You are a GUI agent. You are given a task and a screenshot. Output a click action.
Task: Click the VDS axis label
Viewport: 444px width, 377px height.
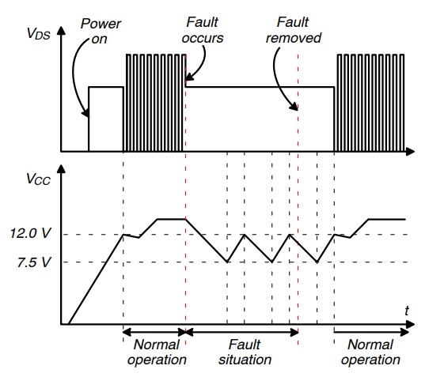[x=39, y=33]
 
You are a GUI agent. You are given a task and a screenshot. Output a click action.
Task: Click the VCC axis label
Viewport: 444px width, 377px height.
[x=38, y=179]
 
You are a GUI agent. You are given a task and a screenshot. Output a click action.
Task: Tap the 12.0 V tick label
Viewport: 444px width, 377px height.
[x=30, y=233]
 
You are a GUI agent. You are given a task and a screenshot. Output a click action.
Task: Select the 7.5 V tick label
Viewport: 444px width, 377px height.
[x=34, y=262]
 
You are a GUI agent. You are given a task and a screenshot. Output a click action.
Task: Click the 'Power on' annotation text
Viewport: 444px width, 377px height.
[x=101, y=31]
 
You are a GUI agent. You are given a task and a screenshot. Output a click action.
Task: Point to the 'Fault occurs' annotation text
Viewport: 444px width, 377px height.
[x=203, y=30]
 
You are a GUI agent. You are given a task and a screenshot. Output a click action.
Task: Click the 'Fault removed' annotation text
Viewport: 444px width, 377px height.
[x=294, y=30]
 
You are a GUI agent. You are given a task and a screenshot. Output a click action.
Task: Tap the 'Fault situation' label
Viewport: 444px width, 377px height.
[x=245, y=352]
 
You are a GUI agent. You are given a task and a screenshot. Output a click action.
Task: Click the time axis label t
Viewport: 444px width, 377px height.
[x=407, y=311]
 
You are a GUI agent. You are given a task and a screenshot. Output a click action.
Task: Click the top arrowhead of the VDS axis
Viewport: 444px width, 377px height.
[x=61, y=31]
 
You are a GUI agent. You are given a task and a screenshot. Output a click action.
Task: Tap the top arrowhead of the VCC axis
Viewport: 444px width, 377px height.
[x=61, y=168]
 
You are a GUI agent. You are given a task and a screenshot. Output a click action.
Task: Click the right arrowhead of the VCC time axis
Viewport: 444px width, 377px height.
[x=410, y=324]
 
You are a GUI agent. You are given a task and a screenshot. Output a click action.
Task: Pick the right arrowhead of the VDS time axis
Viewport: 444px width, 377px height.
[x=410, y=152]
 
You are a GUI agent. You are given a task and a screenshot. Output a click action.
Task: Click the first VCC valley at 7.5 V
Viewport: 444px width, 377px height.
[x=227, y=262]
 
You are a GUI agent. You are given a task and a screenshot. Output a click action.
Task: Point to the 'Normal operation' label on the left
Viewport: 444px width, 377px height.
[x=157, y=352]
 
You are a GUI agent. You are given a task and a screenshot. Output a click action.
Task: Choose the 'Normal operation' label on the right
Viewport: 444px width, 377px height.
[x=370, y=352]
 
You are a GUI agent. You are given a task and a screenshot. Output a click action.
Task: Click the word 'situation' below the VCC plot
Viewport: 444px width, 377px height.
[x=245, y=360]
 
